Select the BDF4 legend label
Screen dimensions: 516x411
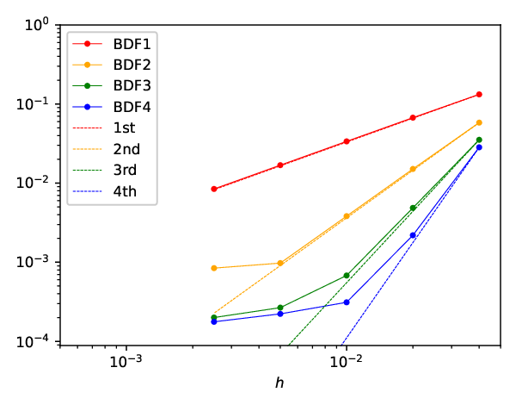tap(132, 107)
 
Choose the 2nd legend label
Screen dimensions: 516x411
tap(126, 149)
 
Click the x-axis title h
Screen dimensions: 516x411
tap(279, 383)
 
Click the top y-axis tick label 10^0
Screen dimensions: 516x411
tap(36, 24)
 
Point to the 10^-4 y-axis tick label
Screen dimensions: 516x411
tap(32, 341)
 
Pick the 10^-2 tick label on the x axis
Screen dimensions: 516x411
tap(347, 361)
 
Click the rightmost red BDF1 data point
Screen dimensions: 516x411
tap(479, 95)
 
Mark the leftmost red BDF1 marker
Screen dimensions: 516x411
tap(214, 189)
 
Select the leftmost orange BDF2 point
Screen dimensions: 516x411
tap(214, 268)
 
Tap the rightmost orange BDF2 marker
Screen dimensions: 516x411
tap(479, 122)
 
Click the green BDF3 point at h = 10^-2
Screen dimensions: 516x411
tap(347, 276)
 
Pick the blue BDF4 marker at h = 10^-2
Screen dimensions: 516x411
tap(347, 302)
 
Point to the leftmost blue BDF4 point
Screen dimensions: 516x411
tap(214, 321)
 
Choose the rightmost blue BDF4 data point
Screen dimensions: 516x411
tap(479, 147)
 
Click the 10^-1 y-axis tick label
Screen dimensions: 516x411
tap(32, 103)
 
